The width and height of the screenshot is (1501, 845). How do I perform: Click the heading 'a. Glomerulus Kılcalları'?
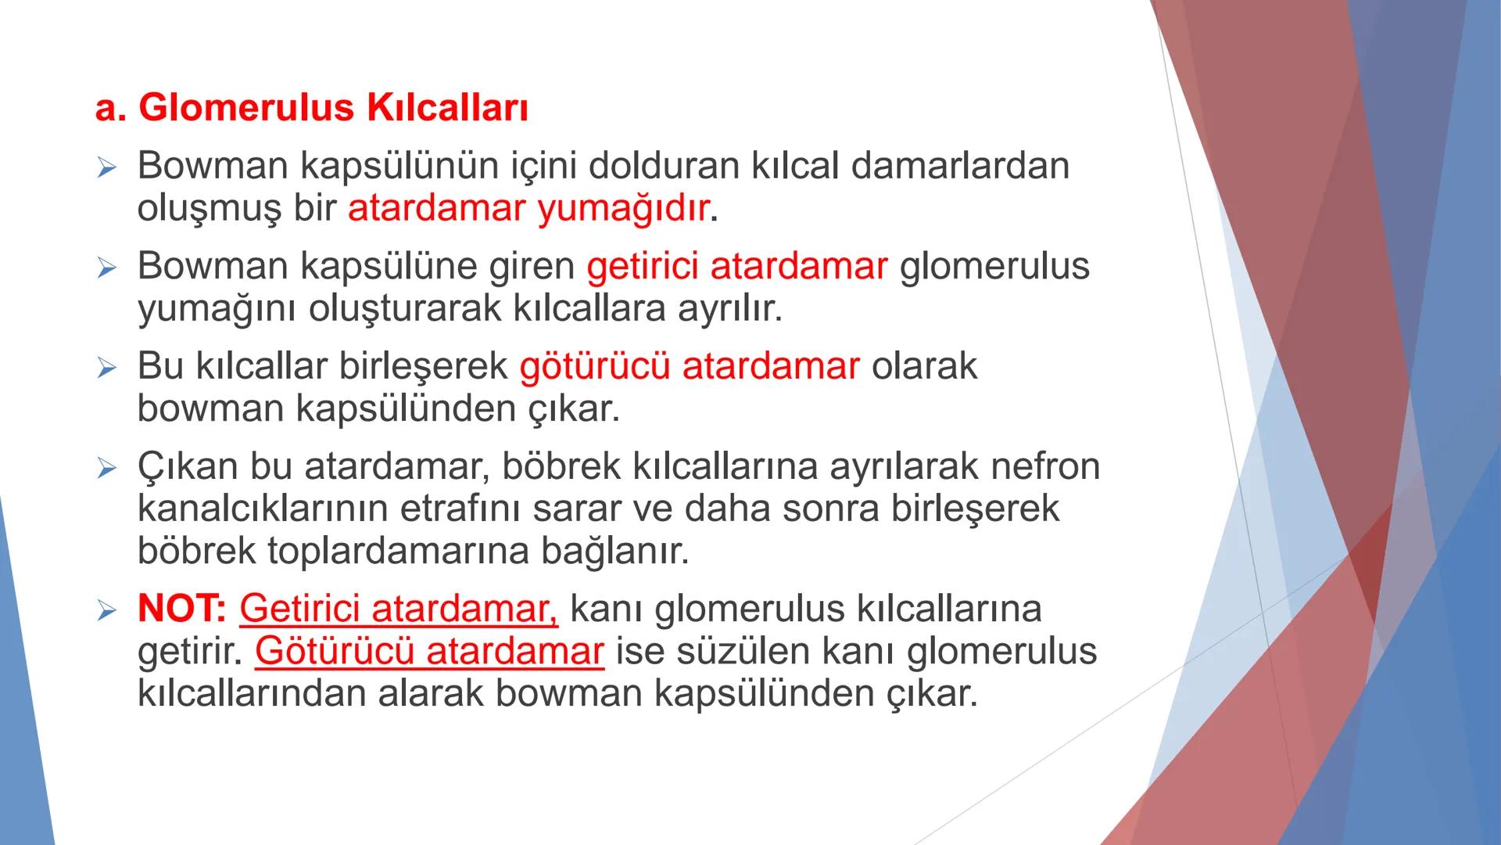(x=311, y=108)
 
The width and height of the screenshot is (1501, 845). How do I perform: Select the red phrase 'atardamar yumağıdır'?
(x=528, y=209)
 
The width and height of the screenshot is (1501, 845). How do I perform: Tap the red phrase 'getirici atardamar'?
(x=736, y=266)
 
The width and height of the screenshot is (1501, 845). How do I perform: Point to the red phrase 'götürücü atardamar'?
(x=689, y=366)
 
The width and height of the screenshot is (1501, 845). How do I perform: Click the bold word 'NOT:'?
(x=181, y=609)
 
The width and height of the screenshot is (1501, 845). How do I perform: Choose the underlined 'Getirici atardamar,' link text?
(x=399, y=609)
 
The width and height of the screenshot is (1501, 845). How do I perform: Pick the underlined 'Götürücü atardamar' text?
(x=429, y=651)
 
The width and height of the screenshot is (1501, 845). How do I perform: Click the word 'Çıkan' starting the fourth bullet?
(x=188, y=467)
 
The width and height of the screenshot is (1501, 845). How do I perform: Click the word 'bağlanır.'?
(x=615, y=551)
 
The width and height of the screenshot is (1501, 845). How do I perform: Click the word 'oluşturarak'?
(x=403, y=308)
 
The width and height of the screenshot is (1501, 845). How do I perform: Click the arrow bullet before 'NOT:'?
(x=106, y=610)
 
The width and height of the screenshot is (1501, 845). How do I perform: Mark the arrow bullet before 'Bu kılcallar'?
(x=106, y=368)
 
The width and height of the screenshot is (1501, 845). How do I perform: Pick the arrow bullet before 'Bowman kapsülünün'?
(x=106, y=167)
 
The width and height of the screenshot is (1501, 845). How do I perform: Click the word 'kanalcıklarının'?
(x=263, y=509)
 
